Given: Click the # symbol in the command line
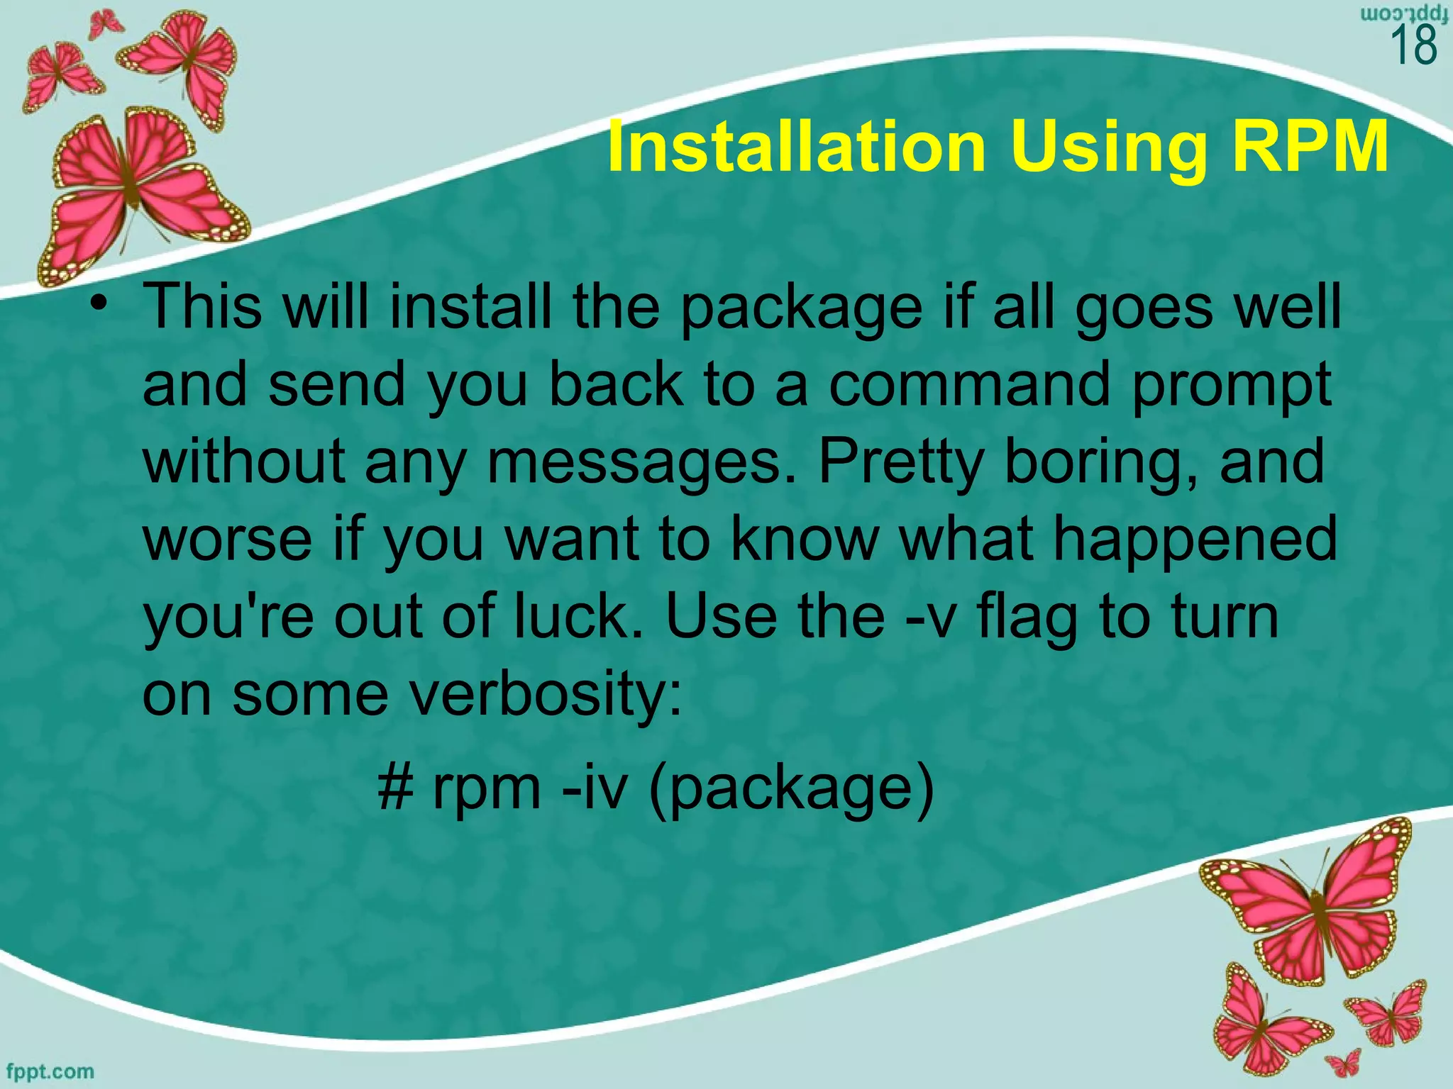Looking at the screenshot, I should click(x=395, y=788).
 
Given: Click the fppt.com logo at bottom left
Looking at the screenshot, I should click(x=49, y=1071).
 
